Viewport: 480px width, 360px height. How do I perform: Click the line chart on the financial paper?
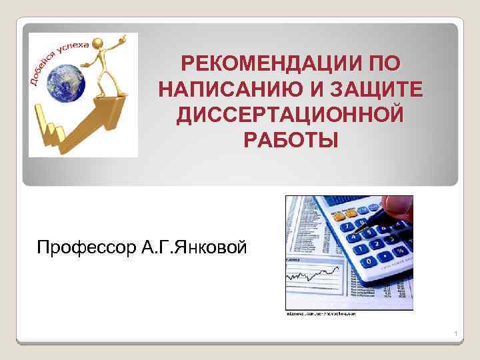point(313,274)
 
